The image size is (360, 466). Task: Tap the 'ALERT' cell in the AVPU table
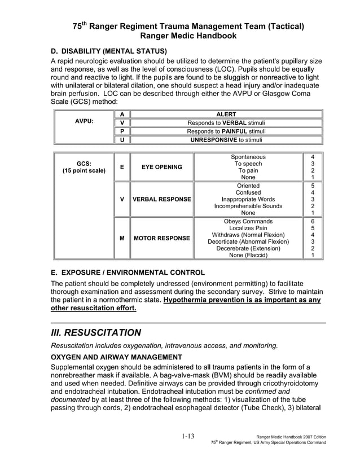coord(226,115)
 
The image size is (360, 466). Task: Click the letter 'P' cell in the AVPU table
coord(121,131)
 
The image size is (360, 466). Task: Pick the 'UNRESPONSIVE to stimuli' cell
coord(226,140)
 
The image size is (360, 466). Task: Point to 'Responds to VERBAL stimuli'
coord(226,123)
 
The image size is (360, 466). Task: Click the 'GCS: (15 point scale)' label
coord(84,166)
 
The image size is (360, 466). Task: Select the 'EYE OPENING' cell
coord(161,167)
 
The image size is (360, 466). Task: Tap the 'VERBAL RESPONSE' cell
coord(161,199)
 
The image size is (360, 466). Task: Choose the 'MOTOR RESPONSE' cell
coord(161,238)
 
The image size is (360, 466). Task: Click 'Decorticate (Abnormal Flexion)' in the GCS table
coord(248,242)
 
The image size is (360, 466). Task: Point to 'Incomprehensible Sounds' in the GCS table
coord(248,206)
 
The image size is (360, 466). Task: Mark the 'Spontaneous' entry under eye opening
coord(248,157)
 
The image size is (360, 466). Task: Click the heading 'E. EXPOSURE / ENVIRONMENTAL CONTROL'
coord(128,272)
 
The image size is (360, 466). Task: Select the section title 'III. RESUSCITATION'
coord(96,332)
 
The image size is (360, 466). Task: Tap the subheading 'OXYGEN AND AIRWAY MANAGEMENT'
coord(116,357)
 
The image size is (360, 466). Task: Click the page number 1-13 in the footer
coord(188,436)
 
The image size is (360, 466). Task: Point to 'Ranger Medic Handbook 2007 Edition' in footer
coord(291,437)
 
